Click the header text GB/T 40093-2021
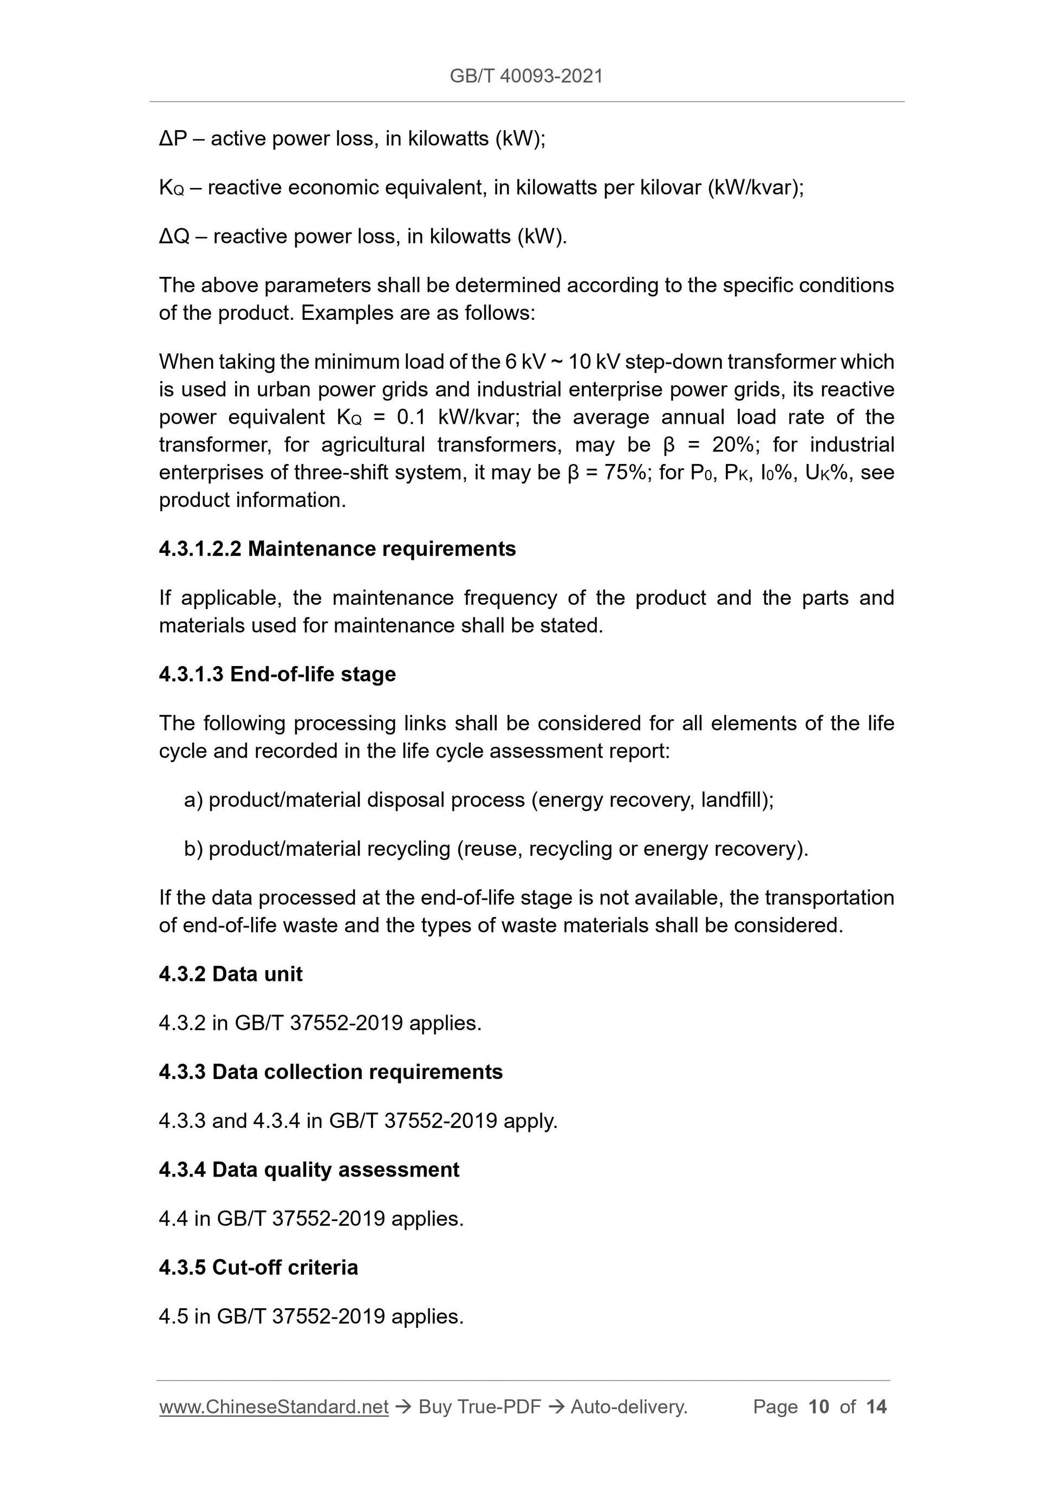click(526, 76)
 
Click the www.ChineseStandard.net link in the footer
click(274, 1407)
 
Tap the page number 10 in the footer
click(819, 1407)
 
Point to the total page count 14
click(876, 1407)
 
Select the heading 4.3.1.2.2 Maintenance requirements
click(337, 549)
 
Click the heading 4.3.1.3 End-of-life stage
click(277, 675)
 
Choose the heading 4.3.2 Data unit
click(231, 974)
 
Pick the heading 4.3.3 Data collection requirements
click(330, 1071)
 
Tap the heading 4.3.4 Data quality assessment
click(309, 1170)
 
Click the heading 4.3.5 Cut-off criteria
click(258, 1267)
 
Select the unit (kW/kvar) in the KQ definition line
click(755, 188)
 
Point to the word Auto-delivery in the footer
click(628, 1407)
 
